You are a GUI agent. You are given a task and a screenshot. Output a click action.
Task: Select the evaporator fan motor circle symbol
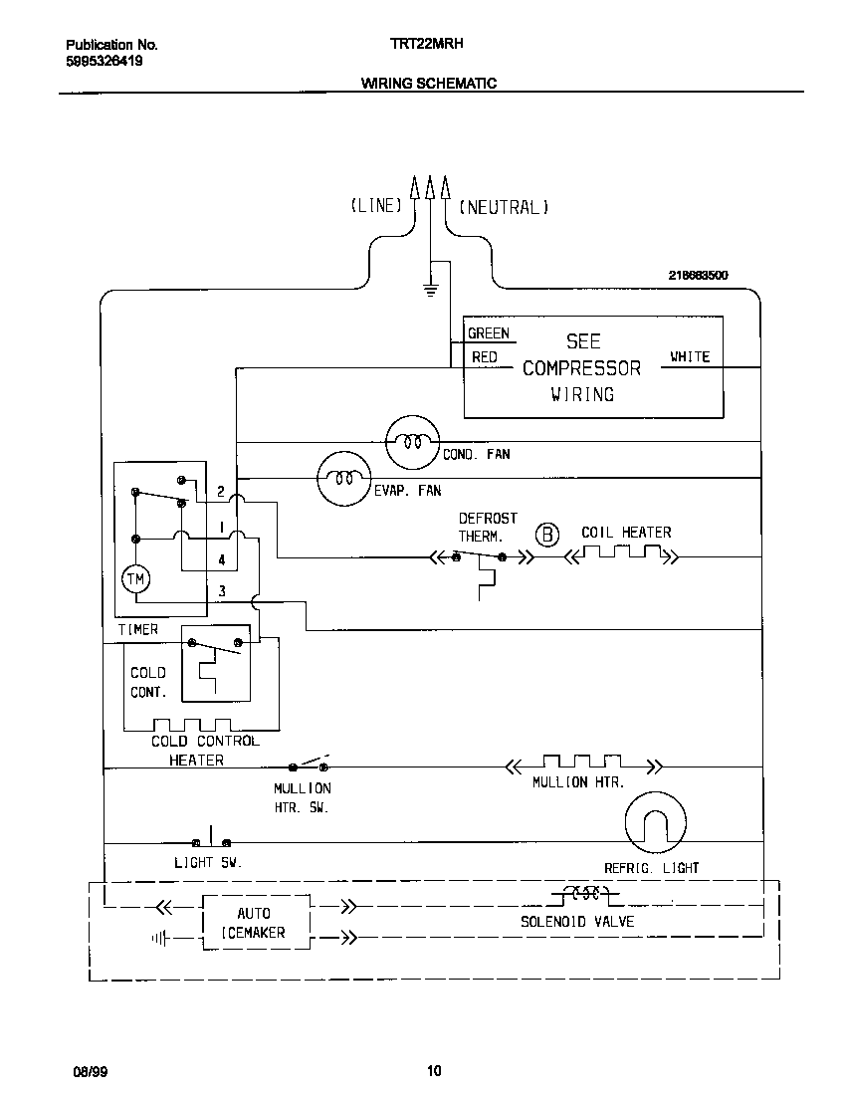343,479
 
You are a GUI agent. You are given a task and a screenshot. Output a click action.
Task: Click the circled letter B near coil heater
548,535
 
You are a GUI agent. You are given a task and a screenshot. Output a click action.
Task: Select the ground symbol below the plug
431,289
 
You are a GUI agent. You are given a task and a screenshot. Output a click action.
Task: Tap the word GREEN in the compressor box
488,334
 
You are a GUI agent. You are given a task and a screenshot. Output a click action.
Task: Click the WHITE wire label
689,356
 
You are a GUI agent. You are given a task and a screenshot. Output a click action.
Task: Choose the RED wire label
485,356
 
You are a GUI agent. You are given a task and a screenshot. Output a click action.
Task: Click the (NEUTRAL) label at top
504,207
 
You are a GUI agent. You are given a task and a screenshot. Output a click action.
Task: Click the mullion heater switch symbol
310,766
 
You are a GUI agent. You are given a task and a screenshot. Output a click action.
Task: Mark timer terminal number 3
222,591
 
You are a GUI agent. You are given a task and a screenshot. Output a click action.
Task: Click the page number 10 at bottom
433,1071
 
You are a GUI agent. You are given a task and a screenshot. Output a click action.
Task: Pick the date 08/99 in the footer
89,1071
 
